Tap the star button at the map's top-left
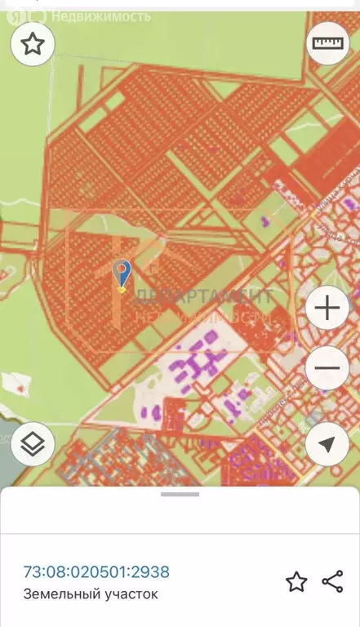pyautogui.click(x=33, y=44)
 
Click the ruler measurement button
pyautogui.click(x=327, y=44)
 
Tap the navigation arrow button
pyautogui.click(x=327, y=445)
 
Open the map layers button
pyautogui.click(x=33, y=445)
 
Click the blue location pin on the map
pyautogui.click(x=122, y=274)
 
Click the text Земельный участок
pyautogui.click(x=91, y=594)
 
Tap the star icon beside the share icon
pyautogui.click(x=296, y=581)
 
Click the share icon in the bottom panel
pyautogui.click(x=332, y=581)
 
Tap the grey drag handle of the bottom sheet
pyautogui.click(x=180, y=493)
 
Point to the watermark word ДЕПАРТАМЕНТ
pyautogui.click(x=204, y=296)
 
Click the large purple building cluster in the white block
pyautogui.click(x=200, y=359)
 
